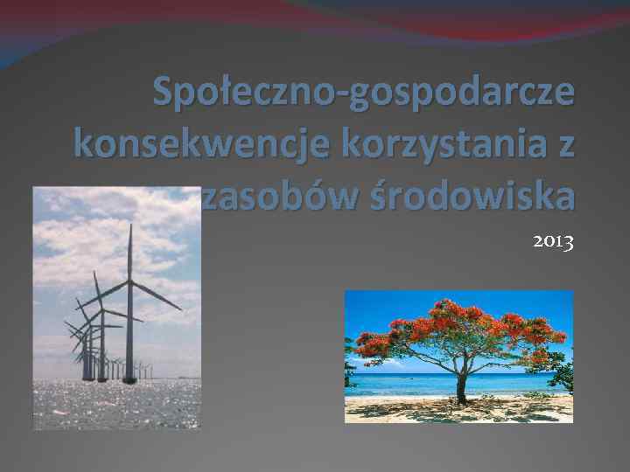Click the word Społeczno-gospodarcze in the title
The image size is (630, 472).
(364, 93)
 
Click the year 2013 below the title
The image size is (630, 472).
(553, 242)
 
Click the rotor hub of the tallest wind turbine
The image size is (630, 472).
(129, 281)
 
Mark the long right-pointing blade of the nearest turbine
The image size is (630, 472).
(157, 296)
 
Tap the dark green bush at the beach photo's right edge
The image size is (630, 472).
(565, 376)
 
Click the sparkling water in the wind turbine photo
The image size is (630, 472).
(114, 406)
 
